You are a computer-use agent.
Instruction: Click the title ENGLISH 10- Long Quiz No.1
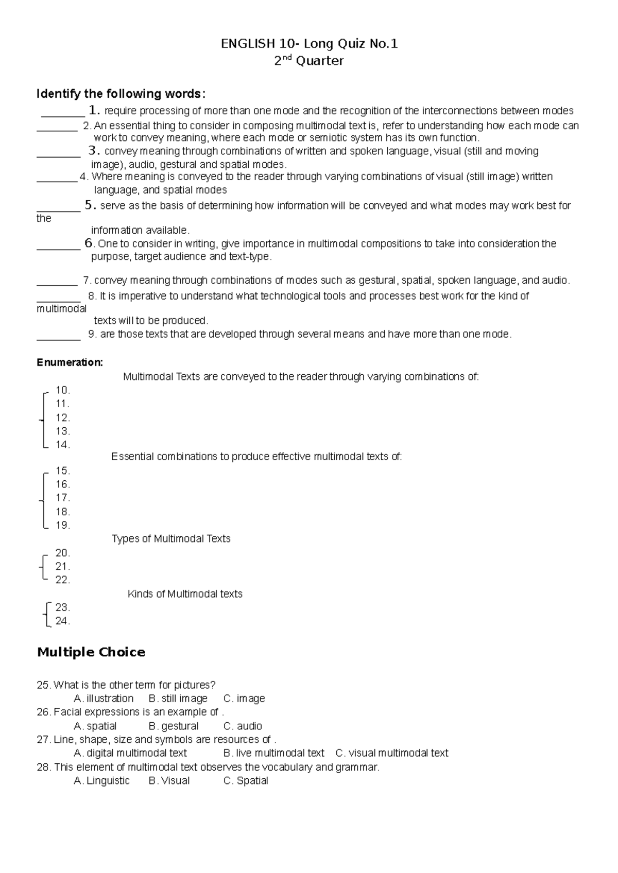[x=309, y=44]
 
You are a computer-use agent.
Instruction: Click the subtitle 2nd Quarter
[x=309, y=61]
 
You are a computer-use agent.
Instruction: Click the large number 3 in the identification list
[x=93, y=151]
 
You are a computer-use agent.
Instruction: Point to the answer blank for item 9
[x=58, y=338]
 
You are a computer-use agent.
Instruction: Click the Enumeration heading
[x=70, y=362]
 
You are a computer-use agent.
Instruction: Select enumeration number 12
[x=62, y=417]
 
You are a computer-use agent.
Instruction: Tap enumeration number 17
[x=62, y=498]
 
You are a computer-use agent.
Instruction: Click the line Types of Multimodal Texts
[x=171, y=538]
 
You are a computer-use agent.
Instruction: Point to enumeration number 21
[x=62, y=566]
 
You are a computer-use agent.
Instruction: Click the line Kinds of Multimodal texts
[x=185, y=593]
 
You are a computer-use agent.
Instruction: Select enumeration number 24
[x=62, y=621]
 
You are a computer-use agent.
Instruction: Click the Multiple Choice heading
[x=91, y=652]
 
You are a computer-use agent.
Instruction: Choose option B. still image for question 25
[x=178, y=699]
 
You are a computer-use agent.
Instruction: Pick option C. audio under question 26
[x=243, y=726]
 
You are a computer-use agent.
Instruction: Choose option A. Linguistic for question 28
[x=101, y=780]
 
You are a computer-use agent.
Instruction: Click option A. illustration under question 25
[x=104, y=699]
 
